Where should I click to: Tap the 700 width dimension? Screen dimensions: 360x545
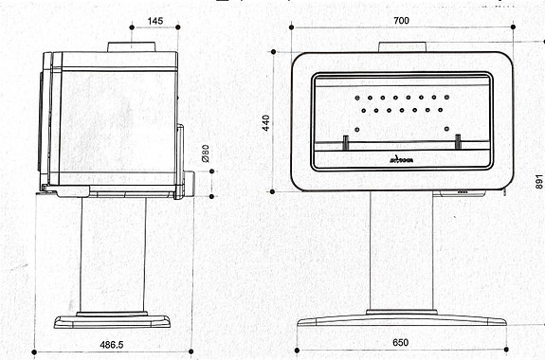[x=402, y=21]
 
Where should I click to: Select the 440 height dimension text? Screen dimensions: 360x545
[x=265, y=122]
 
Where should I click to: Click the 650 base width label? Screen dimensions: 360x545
[x=402, y=342]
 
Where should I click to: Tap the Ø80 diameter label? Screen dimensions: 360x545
[x=203, y=153]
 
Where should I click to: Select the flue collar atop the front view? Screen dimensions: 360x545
[x=402, y=46]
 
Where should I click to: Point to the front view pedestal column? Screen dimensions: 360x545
[x=402, y=251]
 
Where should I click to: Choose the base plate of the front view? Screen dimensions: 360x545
[x=402, y=317]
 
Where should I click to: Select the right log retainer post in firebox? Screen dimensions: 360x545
[x=457, y=141]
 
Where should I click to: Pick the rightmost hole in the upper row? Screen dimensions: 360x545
[x=449, y=97]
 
